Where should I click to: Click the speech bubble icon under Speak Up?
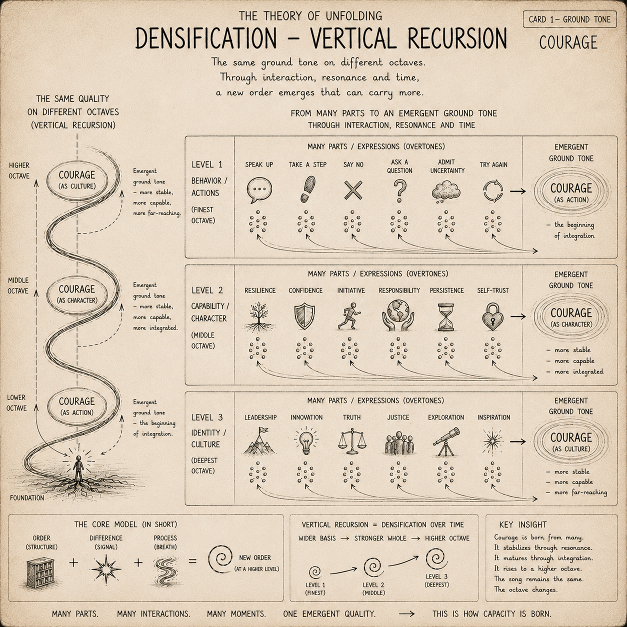point(259,190)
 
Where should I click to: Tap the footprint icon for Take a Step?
point(307,189)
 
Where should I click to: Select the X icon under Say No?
point(353,190)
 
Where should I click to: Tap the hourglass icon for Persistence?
point(446,317)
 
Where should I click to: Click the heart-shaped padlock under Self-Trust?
point(492,316)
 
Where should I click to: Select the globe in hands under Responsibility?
point(398,315)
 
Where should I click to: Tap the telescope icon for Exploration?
point(446,441)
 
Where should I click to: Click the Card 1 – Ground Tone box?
point(569,19)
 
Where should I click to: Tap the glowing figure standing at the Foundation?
point(78,468)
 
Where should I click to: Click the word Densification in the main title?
point(205,38)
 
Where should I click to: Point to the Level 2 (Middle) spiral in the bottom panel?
point(373,567)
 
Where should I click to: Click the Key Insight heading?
point(523,524)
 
